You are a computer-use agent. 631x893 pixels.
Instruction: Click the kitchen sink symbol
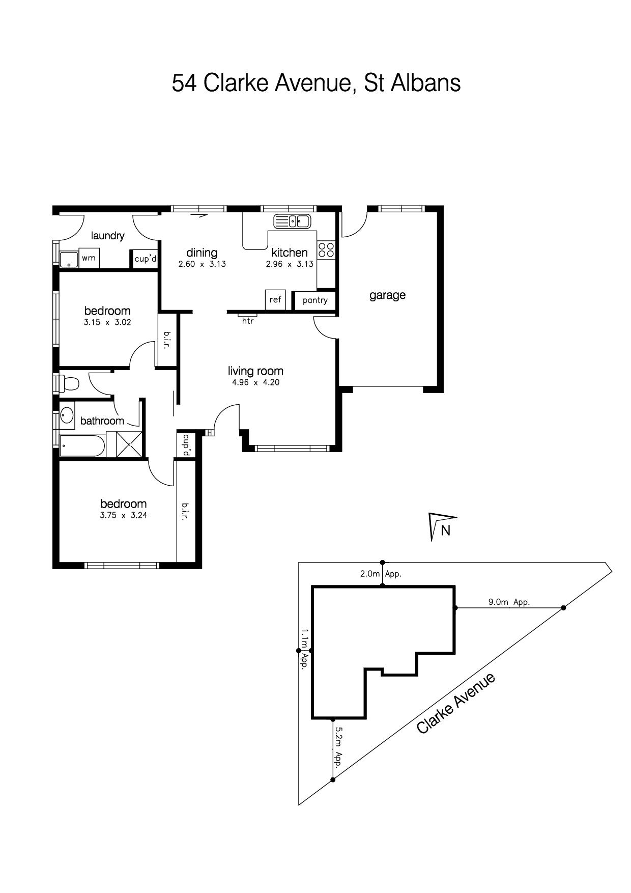pyautogui.click(x=292, y=221)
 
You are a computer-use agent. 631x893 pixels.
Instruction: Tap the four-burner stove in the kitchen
pyautogui.click(x=326, y=249)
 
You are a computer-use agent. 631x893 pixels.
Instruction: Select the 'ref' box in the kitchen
pyautogui.click(x=275, y=299)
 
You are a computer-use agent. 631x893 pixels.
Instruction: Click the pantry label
pyautogui.click(x=315, y=300)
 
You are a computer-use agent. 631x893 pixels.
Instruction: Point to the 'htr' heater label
pyautogui.click(x=248, y=321)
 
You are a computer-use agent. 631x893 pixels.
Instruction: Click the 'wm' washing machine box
pyautogui.click(x=89, y=258)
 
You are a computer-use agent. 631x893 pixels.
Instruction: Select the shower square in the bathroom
pyautogui.click(x=130, y=444)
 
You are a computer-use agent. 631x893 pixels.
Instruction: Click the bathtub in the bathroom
pyautogui.click(x=82, y=446)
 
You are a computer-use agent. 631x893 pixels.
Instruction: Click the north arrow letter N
pyautogui.click(x=446, y=531)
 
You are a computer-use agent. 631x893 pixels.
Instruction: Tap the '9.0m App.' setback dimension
pyautogui.click(x=509, y=602)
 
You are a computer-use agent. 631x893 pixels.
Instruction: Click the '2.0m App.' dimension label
pyautogui.click(x=381, y=574)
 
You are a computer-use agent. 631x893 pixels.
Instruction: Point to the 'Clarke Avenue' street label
pyautogui.click(x=455, y=703)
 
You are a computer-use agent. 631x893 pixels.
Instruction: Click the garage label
pyautogui.click(x=387, y=295)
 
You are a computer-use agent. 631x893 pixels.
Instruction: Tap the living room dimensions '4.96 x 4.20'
pyautogui.click(x=255, y=382)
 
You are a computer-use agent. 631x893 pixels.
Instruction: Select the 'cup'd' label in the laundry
pyautogui.click(x=145, y=259)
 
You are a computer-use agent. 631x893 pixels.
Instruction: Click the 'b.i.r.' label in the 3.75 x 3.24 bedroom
pyautogui.click(x=185, y=512)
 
